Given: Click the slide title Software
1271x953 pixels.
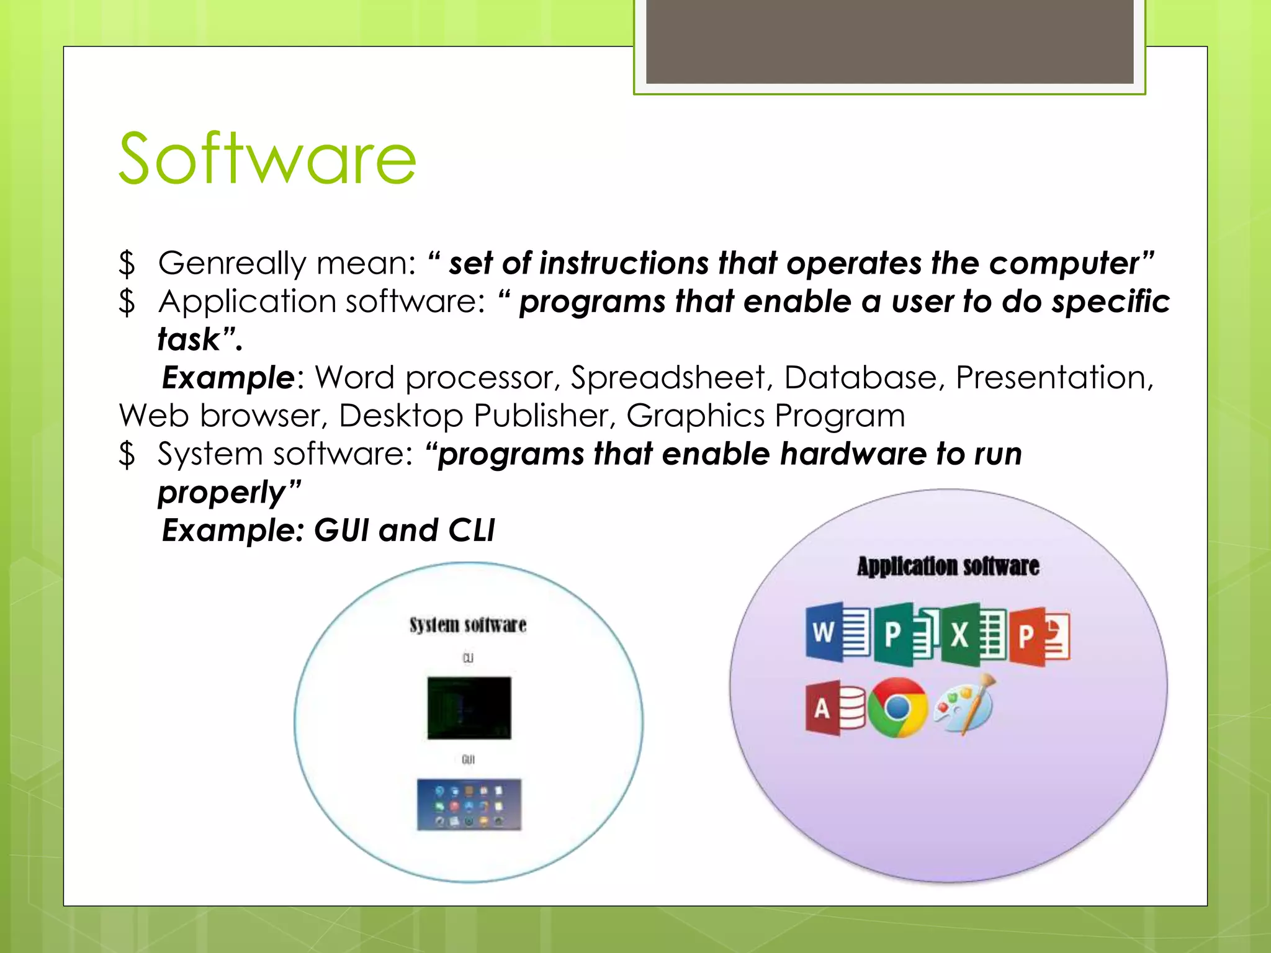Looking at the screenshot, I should [267, 159].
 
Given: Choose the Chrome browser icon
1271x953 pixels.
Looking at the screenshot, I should [897, 708].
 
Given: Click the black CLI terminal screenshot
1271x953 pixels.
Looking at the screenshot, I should [469, 708].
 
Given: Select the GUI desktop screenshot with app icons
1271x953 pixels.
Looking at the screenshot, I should [469, 805].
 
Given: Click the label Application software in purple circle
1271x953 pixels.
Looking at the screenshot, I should [948, 566].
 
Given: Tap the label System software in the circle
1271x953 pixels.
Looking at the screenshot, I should [468, 625].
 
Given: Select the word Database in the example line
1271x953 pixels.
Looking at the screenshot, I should [860, 378].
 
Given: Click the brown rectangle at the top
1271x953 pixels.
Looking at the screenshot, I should [889, 41].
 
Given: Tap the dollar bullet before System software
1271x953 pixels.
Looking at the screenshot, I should [127, 454].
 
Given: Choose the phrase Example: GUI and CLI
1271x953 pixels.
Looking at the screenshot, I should [328, 531].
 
